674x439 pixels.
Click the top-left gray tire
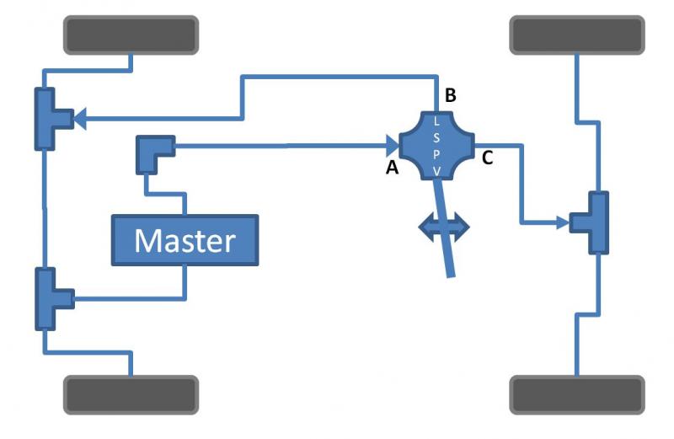tap(131, 35)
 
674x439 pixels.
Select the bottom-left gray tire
tap(131, 394)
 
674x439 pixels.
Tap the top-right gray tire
tap(577, 35)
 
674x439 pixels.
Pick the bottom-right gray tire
tap(577, 394)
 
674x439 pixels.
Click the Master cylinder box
tap(185, 240)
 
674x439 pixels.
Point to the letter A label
tap(392, 169)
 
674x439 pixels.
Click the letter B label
tap(451, 96)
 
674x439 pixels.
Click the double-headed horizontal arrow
tap(445, 228)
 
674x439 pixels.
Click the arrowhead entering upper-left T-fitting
tap(80, 120)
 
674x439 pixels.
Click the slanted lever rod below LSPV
tap(447, 244)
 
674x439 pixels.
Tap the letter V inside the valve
tap(436, 172)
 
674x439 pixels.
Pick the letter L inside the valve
tap(436, 121)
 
